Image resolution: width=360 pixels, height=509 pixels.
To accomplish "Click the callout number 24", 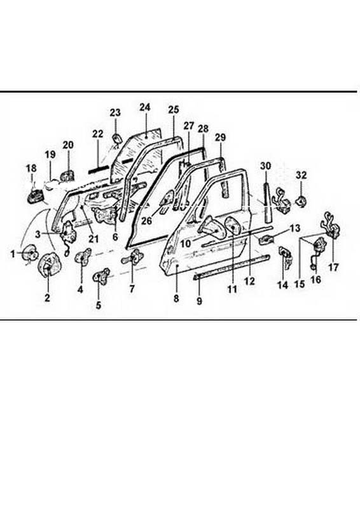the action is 145,107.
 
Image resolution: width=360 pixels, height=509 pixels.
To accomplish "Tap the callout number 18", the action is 32,169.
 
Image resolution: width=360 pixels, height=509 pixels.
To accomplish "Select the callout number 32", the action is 301,176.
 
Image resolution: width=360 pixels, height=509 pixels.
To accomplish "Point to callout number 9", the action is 199,301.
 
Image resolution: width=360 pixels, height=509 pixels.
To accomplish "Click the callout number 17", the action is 333,267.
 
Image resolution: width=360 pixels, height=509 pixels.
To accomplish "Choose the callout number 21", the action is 93,239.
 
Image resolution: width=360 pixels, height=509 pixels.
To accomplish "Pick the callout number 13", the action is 295,228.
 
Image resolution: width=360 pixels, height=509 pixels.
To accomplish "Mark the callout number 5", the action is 99,305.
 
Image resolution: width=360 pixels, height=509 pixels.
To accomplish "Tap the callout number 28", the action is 203,129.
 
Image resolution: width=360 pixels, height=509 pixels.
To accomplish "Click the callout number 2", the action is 48,297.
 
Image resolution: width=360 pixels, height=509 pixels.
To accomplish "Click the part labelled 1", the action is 29,253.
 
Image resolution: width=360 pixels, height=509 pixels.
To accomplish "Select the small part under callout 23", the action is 116,138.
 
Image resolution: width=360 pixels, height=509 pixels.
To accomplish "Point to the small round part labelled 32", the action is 301,202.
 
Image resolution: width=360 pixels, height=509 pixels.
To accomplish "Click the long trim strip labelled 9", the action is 232,267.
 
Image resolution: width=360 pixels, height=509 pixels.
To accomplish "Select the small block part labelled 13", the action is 266,239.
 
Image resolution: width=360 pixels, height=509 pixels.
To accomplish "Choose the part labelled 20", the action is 68,176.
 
